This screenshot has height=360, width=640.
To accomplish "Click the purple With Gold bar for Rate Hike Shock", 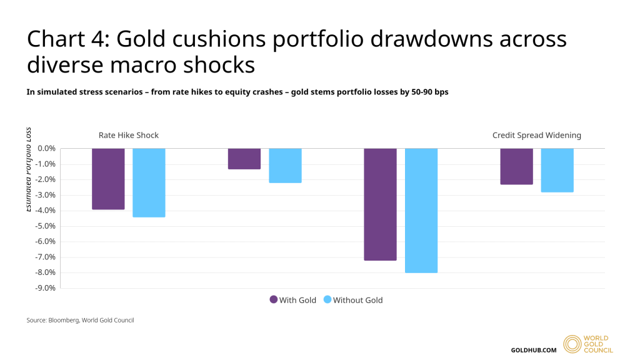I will coord(108,179).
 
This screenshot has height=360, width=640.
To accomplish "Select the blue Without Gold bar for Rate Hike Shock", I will coord(149,182).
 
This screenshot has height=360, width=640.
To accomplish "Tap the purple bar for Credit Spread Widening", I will coord(516,166).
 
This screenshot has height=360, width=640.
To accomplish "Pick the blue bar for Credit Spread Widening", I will coord(557,170).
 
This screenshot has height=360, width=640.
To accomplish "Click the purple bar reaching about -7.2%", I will coord(380,204).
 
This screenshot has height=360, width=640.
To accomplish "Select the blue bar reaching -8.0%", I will coord(421,211).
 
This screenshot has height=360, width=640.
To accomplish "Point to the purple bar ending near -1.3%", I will coord(244,159).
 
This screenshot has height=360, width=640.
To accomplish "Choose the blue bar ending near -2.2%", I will coord(285,166).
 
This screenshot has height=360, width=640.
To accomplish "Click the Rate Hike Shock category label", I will coord(129,135).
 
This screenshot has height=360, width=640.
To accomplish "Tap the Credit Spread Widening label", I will coord(536,135).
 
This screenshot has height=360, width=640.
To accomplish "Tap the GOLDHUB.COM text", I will coord(533,349).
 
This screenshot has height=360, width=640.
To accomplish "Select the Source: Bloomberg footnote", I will coord(80,320).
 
